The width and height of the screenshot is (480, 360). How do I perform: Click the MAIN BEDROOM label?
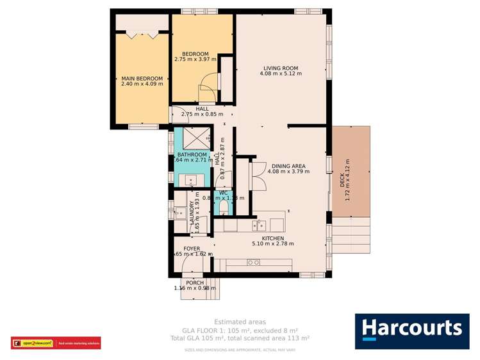[142, 78]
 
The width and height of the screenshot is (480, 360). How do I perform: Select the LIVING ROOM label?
[281, 68]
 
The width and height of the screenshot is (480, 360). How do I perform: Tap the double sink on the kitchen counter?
[260, 224]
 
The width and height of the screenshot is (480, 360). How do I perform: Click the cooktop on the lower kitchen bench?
[253, 262]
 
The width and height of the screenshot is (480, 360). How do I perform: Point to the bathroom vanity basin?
[190, 179]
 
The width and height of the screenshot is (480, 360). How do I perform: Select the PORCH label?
[195, 282]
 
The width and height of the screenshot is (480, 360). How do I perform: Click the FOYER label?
[192, 248]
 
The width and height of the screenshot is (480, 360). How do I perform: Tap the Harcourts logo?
[411, 331]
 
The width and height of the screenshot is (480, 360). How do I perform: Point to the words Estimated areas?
[240, 322]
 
